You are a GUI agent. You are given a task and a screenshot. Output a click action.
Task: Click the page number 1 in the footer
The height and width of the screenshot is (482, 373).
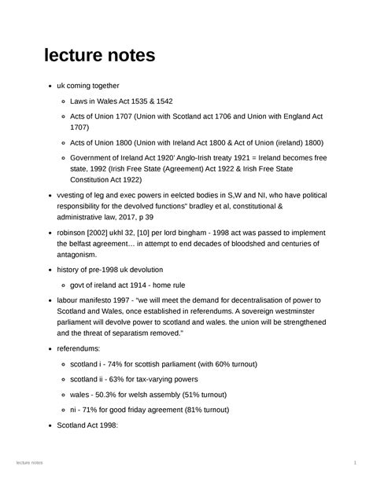(x=356, y=465)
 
